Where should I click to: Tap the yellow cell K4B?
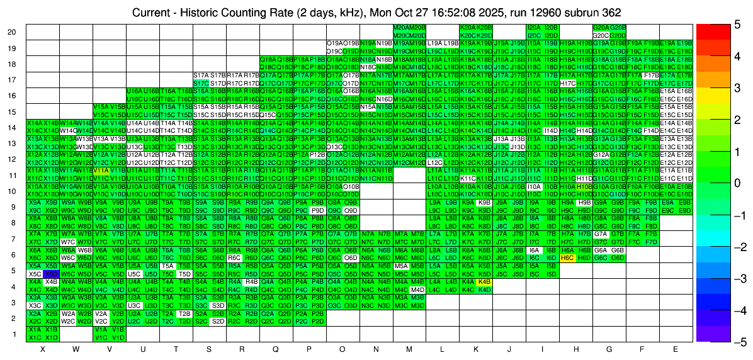tap(484, 282)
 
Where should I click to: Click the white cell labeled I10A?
tap(534, 186)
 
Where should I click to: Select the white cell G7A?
tap(601, 234)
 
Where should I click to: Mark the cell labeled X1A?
tap(35, 329)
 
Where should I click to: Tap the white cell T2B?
tap(184, 313)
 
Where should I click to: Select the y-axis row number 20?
tap(12, 32)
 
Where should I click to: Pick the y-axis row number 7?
tap(14, 239)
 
